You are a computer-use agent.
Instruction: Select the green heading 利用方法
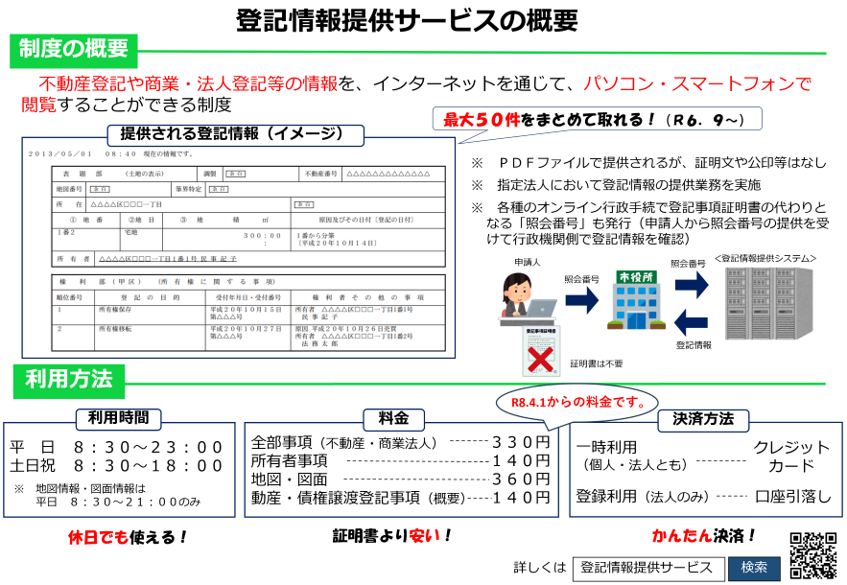(x=68, y=380)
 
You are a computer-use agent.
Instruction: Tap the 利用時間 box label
(x=119, y=419)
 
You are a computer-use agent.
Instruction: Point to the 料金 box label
(x=393, y=419)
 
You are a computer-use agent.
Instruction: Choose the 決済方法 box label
(x=703, y=419)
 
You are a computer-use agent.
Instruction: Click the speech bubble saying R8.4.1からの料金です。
(x=576, y=401)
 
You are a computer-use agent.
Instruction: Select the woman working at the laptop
(x=522, y=296)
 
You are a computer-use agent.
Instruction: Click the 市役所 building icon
(x=636, y=299)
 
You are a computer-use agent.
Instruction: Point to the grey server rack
(x=767, y=301)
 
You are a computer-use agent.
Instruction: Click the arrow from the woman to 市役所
(x=581, y=300)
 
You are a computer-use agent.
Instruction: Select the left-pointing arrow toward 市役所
(x=691, y=322)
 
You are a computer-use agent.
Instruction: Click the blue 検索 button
(x=754, y=568)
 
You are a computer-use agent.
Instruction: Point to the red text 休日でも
(x=98, y=537)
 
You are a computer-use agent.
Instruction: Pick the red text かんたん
(x=682, y=535)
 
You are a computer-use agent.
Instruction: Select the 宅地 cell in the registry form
(x=130, y=232)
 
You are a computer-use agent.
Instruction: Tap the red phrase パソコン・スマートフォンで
(x=696, y=84)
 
